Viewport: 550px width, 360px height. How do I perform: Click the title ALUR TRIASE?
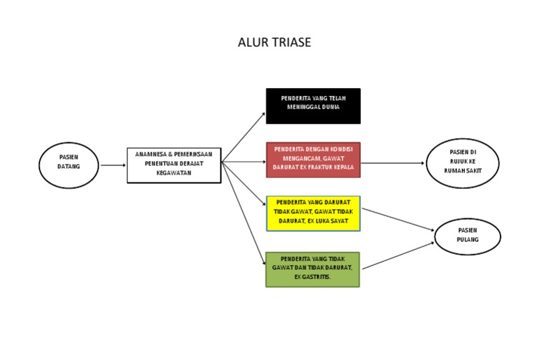click(274, 43)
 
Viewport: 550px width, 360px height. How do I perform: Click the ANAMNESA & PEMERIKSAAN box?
click(174, 165)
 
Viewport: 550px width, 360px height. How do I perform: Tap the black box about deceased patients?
click(313, 106)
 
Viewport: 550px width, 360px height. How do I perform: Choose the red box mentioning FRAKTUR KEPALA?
click(313, 160)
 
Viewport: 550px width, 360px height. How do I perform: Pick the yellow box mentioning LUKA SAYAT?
click(313, 213)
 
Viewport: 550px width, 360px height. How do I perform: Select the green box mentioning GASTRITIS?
click(312, 269)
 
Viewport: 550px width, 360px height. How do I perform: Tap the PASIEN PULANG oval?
click(468, 235)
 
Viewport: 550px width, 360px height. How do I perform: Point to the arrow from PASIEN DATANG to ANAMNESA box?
click(114, 165)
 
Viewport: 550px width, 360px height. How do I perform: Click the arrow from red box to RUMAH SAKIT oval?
click(393, 163)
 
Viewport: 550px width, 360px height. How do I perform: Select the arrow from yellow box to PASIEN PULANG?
click(398, 220)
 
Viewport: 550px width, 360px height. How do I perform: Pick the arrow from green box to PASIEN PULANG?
click(398, 251)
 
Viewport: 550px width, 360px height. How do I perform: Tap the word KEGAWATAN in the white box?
click(174, 173)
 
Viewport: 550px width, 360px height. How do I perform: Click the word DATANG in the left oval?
click(69, 167)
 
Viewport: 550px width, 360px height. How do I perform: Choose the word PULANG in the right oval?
click(468, 240)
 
